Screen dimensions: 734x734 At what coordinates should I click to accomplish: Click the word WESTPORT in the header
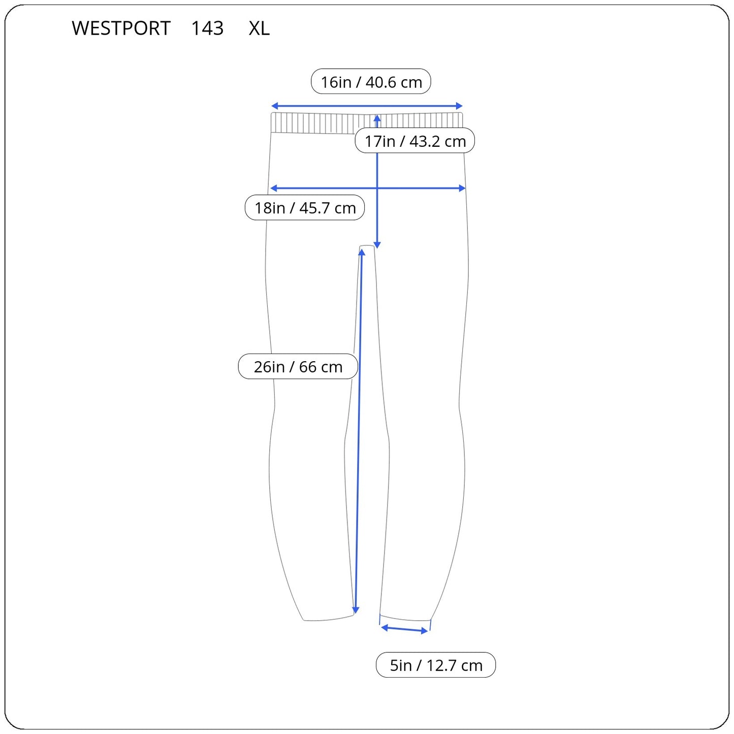click(121, 28)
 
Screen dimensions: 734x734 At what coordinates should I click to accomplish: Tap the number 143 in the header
click(207, 28)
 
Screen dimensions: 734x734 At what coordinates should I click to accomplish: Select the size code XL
click(259, 28)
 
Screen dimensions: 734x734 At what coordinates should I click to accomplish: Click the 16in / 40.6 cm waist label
click(371, 82)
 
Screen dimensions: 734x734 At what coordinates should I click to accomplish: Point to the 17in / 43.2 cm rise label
click(414, 141)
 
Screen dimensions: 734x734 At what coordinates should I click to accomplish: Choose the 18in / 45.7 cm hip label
click(305, 208)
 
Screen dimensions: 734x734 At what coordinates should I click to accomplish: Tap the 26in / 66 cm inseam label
click(298, 367)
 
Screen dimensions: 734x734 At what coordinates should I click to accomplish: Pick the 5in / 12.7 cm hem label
click(436, 665)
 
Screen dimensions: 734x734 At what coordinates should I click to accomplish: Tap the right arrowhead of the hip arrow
click(462, 188)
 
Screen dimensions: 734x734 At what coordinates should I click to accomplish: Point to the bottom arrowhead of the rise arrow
click(377, 245)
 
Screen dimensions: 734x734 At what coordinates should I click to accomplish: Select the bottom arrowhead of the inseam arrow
click(356, 610)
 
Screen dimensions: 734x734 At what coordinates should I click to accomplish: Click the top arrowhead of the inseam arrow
click(362, 253)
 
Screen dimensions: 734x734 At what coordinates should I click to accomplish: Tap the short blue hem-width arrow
click(404, 629)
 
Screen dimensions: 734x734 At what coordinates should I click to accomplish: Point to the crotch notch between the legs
click(367, 247)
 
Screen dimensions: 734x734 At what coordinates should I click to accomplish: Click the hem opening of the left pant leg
click(328, 619)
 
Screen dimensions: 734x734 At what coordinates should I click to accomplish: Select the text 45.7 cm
click(328, 208)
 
